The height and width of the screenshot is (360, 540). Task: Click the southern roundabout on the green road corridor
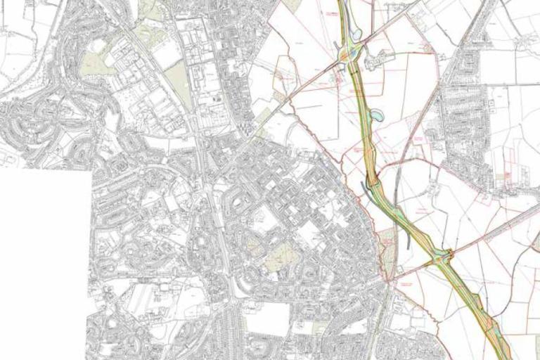442,259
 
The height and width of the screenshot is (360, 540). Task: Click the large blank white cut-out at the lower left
42,267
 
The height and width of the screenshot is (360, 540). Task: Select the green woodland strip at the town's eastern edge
386,245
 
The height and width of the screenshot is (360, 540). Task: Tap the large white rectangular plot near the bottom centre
266,320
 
